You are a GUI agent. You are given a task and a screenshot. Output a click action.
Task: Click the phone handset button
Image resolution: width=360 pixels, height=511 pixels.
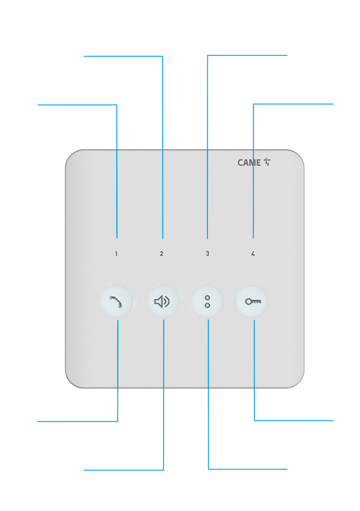point(117,301)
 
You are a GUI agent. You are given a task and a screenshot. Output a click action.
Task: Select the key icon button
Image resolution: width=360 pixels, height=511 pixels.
point(252,301)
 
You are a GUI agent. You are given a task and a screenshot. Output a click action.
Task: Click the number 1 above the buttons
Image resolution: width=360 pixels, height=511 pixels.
point(116,254)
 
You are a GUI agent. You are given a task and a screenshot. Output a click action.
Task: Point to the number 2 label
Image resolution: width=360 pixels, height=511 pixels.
point(161,254)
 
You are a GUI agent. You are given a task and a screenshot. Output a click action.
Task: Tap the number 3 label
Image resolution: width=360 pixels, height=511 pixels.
point(207,254)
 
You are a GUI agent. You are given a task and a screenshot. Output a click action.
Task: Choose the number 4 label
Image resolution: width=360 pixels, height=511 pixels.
point(253,254)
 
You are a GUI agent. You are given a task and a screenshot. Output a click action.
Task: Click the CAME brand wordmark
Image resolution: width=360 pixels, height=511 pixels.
point(249,163)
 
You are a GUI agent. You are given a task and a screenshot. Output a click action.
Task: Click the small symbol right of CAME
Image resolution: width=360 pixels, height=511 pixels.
point(267,162)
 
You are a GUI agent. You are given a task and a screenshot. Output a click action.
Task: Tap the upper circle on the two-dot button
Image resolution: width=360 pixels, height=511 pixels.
point(207,298)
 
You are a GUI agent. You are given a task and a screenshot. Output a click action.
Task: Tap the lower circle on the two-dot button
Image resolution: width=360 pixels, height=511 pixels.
point(207,305)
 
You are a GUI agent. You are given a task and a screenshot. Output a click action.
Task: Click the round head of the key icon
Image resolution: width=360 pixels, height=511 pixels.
point(248,301)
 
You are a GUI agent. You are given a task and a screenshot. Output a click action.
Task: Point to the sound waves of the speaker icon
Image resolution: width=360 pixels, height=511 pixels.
point(167,301)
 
